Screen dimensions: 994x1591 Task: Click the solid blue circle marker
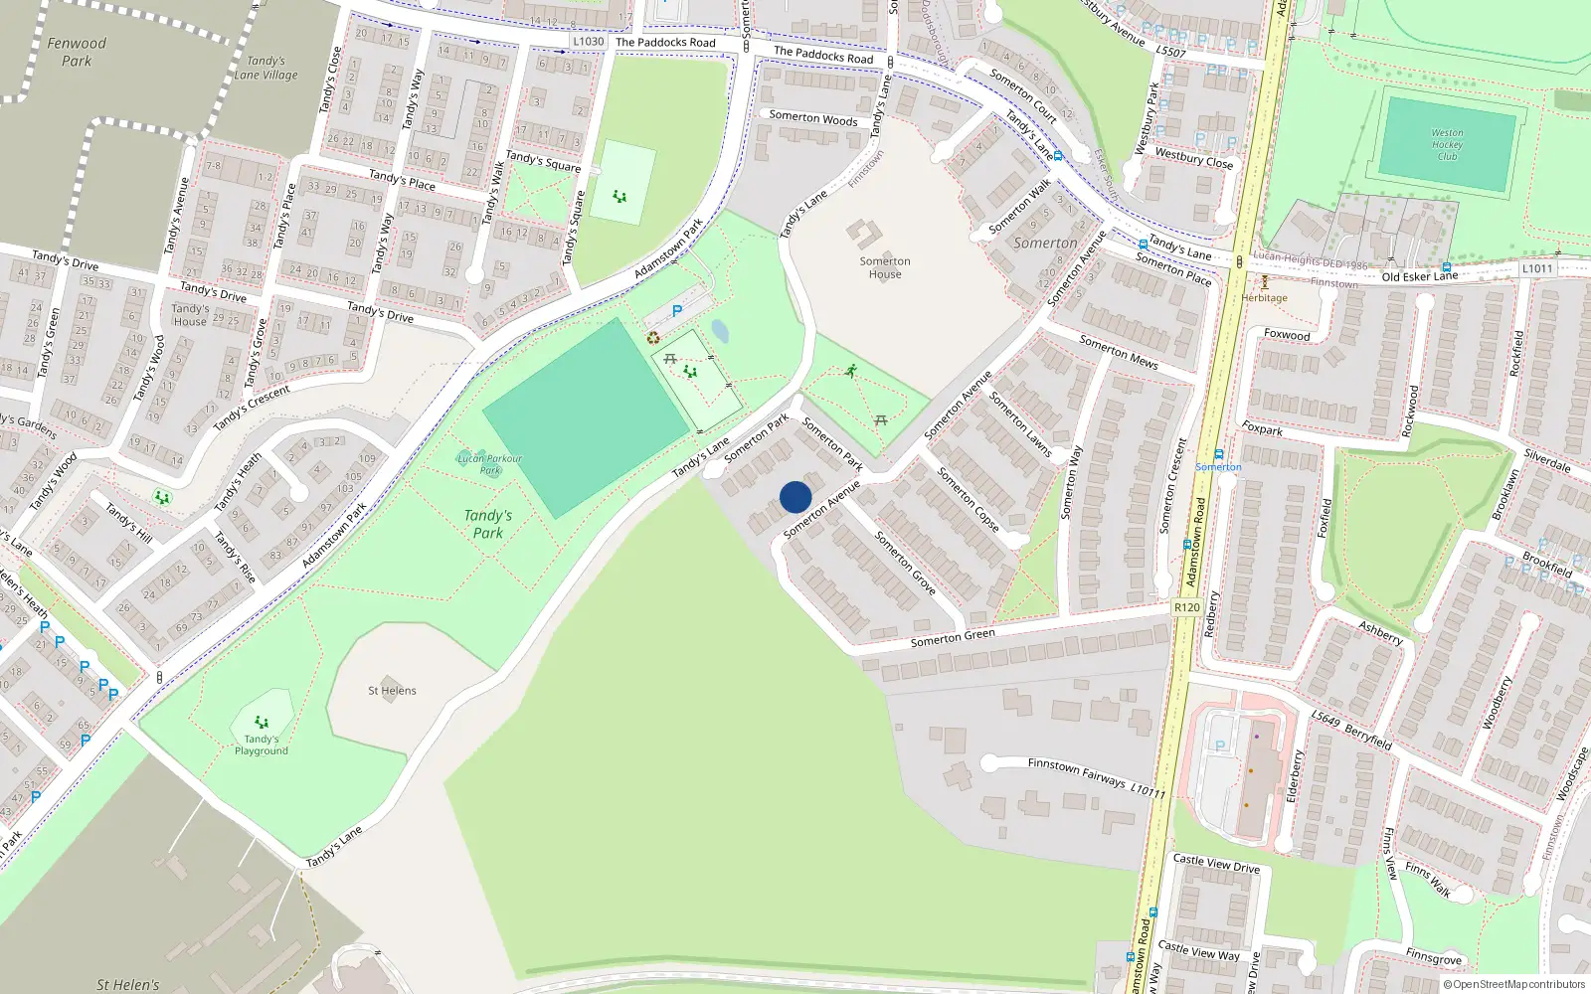tap(795, 497)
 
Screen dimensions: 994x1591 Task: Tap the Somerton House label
tap(884, 267)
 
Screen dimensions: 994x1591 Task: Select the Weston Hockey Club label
tap(1447, 144)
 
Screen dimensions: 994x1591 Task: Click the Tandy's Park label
tap(487, 524)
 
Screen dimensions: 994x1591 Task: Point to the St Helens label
tap(392, 691)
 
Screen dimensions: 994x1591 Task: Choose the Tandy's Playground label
tap(262, 745)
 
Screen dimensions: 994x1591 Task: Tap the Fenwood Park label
tap(77, 52)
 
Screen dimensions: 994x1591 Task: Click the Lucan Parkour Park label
tap(489, 464)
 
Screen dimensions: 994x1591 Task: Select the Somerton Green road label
tap(953, 638)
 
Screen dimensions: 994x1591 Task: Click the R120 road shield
tap(1186, 607)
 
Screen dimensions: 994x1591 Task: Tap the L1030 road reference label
tap(589, 42)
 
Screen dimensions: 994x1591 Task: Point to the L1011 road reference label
tap(1536, 268)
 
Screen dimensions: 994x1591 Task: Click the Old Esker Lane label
tap(1419, 276)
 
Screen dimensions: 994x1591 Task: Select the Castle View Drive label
tap(1216, 863)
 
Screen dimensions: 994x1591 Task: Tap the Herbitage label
tap(1264, 297)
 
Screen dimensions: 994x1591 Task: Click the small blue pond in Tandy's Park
tap(720, 331)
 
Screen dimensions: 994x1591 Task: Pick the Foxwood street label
tap(1287, 335)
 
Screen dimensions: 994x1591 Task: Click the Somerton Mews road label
tap(1119, 352)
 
